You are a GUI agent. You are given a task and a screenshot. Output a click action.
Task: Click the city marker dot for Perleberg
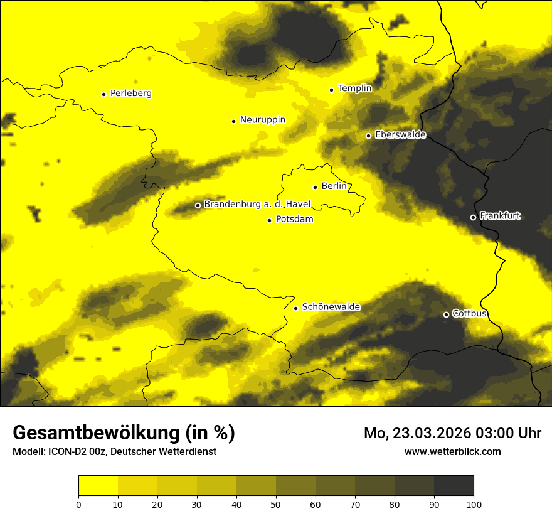coord(103,94)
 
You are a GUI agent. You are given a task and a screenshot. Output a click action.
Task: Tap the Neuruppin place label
coord(262,120)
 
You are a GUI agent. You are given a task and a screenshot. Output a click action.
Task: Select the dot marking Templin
coord(331,90)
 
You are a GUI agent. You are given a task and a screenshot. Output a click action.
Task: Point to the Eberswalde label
coord(400,135)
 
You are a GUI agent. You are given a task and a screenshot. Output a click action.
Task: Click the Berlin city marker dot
coord(315,187)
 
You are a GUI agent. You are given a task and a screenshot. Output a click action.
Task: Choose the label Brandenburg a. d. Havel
coord(257,205)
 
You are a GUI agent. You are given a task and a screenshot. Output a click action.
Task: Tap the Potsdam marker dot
coord(269,220)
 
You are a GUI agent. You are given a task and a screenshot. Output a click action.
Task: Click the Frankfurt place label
coord(500,216)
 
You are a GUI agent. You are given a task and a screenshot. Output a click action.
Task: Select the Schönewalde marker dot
coord(295,308)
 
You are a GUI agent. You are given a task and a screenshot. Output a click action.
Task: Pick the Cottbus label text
coord(469,313)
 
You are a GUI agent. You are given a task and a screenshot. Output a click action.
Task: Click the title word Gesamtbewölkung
coord(97,433)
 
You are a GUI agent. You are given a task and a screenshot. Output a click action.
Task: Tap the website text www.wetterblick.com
coord(452,451)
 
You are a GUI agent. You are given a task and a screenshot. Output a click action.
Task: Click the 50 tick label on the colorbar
coord(276,504)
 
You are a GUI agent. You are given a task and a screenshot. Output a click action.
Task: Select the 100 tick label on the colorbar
coord(474,504)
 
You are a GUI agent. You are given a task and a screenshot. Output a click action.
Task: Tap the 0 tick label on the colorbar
coord(78,504)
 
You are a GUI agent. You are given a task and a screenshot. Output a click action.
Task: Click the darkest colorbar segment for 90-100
coord(454,486)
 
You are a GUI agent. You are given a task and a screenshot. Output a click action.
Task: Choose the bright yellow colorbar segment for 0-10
coord(98,486)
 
